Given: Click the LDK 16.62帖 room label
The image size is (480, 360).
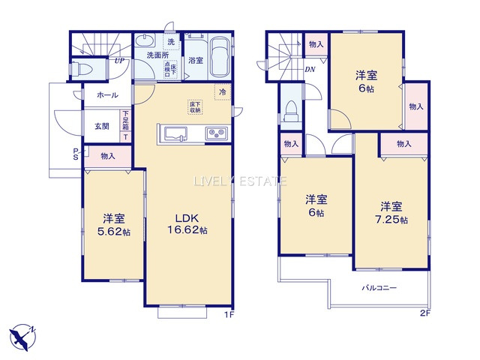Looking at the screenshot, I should (184, 223).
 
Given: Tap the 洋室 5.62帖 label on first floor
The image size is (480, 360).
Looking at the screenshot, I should (113, 224).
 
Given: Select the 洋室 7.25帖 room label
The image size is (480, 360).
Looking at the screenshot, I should (391, 212).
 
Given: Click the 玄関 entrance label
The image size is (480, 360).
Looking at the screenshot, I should (102, 126).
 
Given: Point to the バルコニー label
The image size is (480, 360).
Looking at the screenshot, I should (379, 288).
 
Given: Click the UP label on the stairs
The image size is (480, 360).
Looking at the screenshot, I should (119, 61).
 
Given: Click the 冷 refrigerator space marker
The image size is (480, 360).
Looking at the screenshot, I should (223, 91).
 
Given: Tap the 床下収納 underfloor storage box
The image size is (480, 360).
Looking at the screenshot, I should (194, 107).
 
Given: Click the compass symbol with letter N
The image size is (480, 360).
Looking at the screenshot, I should (25, 336).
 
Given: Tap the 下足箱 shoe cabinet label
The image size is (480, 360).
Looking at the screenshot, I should (125, 121).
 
